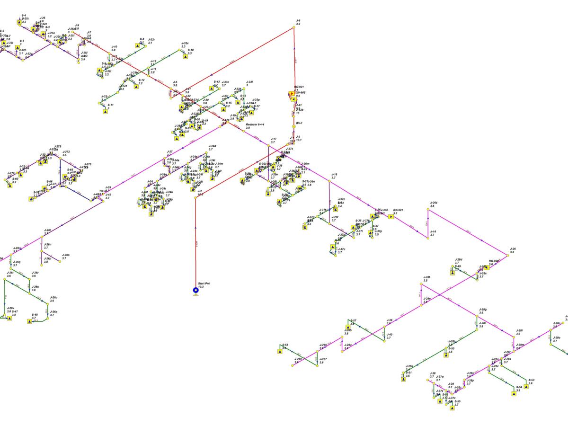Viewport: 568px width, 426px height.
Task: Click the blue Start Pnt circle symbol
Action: coord(195,290)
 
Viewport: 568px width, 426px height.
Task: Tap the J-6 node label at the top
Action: coord(298,21)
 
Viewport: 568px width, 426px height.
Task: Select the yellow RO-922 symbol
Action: coord(391,217)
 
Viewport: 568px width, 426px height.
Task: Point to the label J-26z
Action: coord(434,203)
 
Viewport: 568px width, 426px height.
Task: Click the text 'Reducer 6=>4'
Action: coord(255,124)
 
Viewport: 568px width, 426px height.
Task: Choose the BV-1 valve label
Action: coord(299,123)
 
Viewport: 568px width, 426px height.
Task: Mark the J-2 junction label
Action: coord(200,191)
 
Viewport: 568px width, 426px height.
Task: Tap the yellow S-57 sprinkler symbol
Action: coord(348,327)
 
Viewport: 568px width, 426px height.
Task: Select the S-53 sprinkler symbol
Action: coord(526,386)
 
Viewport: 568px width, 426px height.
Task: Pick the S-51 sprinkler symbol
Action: coord(403,379)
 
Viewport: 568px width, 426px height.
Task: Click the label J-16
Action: coord(334,175)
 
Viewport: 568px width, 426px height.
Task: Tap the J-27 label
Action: coord(169,152)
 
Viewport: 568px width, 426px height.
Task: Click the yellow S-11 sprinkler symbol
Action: coord(105,112)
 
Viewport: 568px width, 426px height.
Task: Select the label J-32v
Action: coord(185,44)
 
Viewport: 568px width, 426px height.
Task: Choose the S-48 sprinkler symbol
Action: coord(29,321)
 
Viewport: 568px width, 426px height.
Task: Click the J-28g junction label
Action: coord(483,310)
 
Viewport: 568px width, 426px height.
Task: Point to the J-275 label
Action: coord(58,147)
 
